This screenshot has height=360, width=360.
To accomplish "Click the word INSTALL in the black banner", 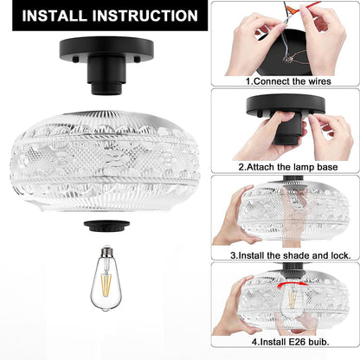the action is pos(55,16).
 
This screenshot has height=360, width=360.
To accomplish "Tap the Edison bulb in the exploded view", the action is pos(105,278).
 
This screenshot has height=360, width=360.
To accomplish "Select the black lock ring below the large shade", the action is pos(106,226).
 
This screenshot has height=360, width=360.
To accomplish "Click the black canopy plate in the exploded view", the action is pos(106,48).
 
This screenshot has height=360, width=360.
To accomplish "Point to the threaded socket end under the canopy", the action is pos(106,89).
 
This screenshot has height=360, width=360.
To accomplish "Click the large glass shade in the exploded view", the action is pos(106,161).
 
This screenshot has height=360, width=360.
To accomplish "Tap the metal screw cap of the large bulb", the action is pos(106,251).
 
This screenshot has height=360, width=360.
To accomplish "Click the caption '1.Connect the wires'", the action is pos(288,81).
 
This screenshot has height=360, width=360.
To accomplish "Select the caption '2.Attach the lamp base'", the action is pos(288,167).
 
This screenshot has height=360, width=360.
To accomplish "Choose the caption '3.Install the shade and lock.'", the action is pos(291,255).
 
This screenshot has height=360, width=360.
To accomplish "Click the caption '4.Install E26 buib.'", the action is pos(291,342).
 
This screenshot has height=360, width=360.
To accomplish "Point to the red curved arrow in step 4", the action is pos(292,285).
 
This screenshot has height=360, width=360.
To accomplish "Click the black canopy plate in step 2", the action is pos(286,105).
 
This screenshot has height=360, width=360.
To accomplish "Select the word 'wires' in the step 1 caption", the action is pos(319,81).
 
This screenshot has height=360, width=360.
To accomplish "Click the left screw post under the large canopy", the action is pos(75,60).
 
